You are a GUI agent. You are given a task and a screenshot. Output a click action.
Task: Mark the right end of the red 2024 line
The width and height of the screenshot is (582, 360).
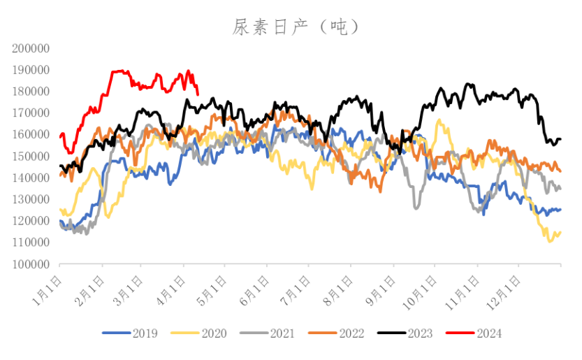point(198,94)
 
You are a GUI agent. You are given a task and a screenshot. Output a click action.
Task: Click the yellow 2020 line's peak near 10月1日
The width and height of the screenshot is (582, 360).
point(439,120)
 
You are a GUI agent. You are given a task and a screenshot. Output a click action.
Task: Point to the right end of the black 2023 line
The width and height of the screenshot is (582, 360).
point(560,140)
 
